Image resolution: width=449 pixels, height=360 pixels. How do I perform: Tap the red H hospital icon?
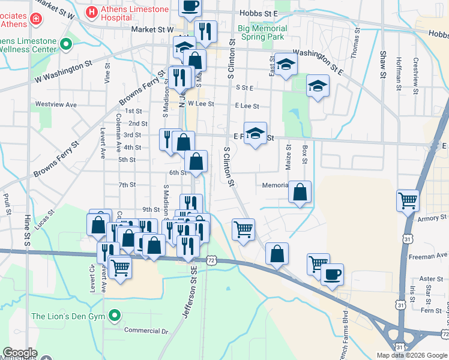point(92,11)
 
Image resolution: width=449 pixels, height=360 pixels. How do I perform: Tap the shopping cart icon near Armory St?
point(408,200)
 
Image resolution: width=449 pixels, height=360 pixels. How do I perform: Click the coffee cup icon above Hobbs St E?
point(190,6)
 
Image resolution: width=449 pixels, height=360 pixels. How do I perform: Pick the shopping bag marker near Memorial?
point(300,192)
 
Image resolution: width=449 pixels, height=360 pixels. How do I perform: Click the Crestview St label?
point(415,71)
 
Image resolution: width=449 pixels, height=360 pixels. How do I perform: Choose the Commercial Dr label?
point(145,330)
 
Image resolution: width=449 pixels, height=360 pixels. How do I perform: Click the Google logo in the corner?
point(20,353)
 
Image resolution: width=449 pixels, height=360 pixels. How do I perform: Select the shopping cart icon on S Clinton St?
point(243,229)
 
